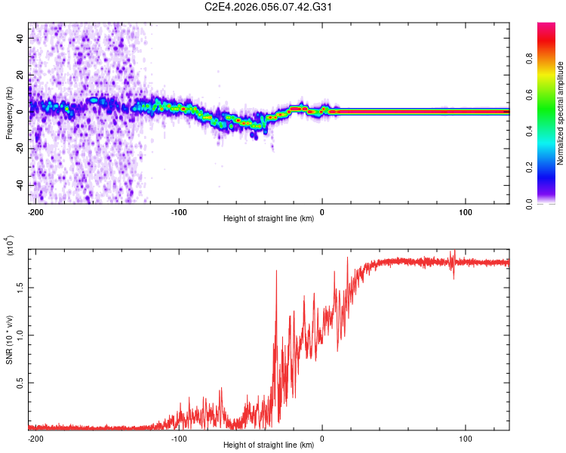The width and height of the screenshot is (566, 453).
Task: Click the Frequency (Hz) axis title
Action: click(x=9, y=113)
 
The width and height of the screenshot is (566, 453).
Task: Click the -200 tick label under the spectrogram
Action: click(x=35, y=212)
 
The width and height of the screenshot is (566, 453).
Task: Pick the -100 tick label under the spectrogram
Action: click(x=179, y=212)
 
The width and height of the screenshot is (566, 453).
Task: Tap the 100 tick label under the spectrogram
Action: click(x=466, y=212)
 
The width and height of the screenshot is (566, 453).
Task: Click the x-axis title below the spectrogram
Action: click(x=269, y=220)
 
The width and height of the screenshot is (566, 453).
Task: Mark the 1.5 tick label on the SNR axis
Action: click(x=20, y=287)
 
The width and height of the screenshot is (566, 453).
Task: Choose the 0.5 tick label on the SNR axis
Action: click(x=20, y=383)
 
